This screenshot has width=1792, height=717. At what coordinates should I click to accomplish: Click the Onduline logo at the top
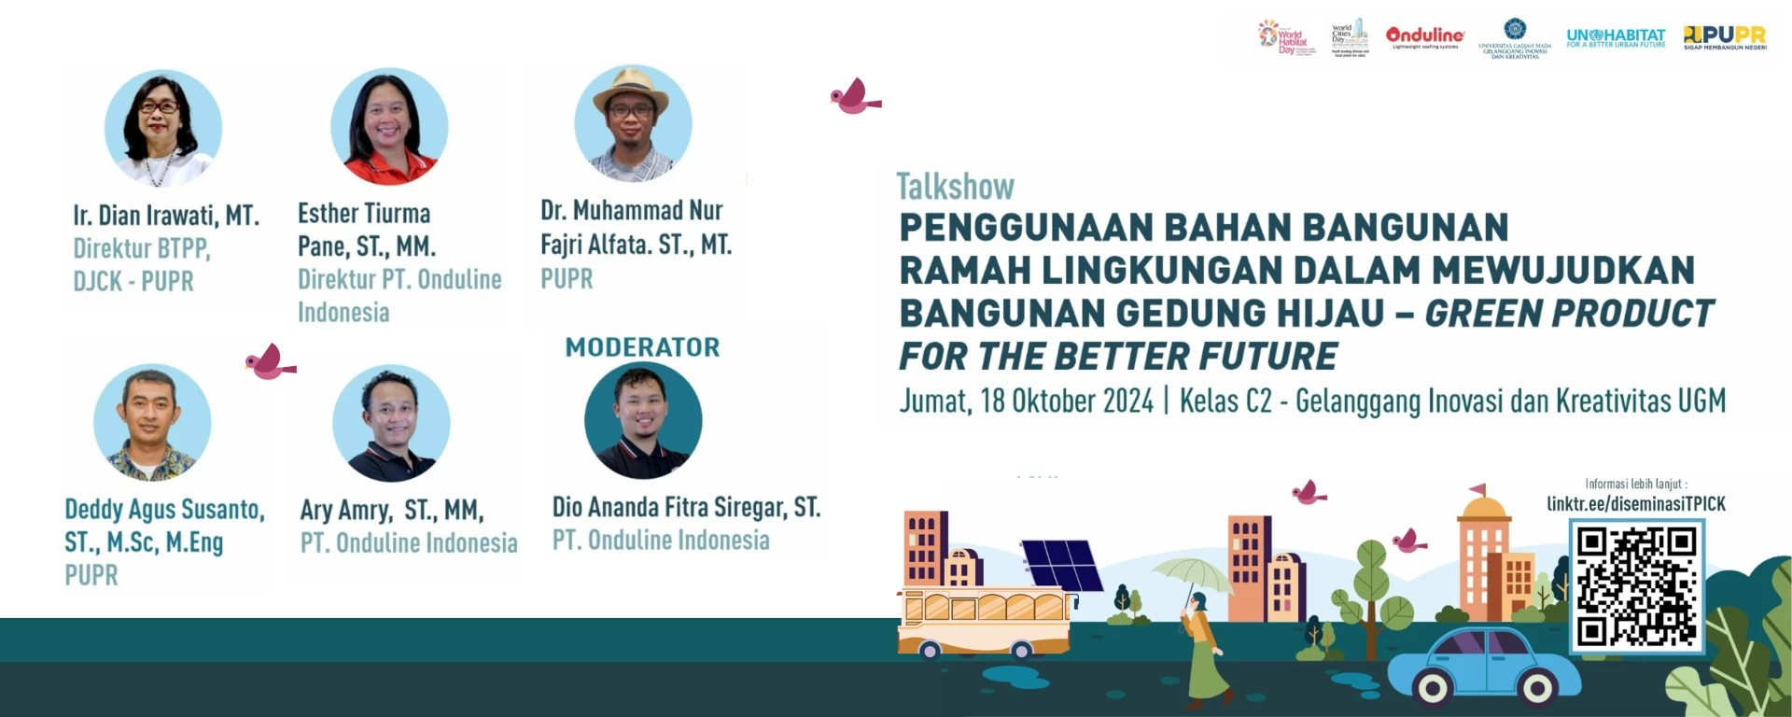(1425, 36)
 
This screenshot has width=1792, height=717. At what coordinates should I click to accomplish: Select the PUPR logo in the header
(1725, 36)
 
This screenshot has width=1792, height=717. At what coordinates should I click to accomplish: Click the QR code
(1636, 585)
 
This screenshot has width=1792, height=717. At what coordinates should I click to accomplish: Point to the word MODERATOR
(642, 347)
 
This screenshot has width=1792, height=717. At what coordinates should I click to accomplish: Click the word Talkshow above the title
(955, 187)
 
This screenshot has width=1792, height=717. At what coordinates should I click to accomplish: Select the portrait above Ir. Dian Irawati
(163, 128)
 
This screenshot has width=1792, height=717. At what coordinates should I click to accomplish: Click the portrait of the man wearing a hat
(633, 123)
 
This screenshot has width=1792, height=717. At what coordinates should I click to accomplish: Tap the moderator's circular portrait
(643, 420)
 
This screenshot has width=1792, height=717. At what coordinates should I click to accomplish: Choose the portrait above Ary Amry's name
(391, 423)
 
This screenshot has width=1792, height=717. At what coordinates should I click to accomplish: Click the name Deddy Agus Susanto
(164, 510)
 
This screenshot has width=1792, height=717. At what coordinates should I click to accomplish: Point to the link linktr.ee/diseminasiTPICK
(1635, 504)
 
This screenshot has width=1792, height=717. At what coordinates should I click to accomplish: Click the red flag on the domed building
(1477, 488)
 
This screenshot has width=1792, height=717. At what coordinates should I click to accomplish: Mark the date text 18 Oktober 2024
(1066, 401)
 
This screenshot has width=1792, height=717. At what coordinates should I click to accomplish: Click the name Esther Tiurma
(364, 214)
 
